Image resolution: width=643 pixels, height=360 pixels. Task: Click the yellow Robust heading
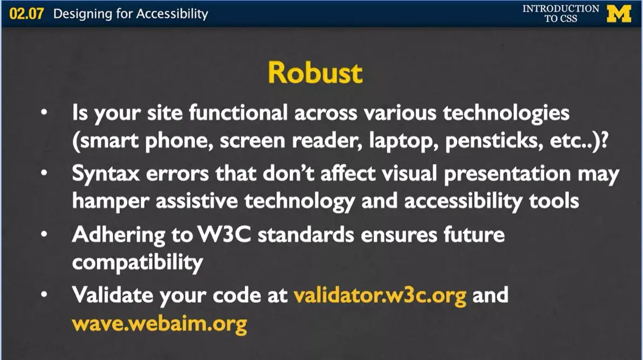[315, 73]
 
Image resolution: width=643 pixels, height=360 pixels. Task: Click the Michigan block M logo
[619, 13]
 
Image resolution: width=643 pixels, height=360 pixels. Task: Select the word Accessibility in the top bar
[172, 14]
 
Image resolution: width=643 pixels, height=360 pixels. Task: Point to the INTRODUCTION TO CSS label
[560, 13]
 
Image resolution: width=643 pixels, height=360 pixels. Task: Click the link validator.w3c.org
[380, 296]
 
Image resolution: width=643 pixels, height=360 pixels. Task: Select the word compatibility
[138, 263]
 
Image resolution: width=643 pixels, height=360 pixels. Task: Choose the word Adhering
[119, 236]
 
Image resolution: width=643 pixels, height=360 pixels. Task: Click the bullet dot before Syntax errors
[45, 175]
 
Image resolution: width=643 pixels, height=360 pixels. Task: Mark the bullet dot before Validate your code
[45, 296]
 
